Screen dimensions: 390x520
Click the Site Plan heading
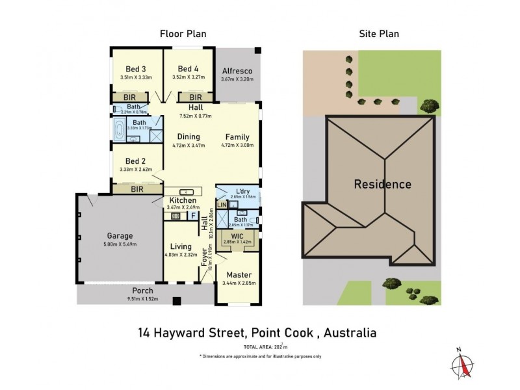[x=379, y=34]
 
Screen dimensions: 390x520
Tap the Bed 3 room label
[x=136, y=69]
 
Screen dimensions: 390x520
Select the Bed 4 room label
[x=189, y=69]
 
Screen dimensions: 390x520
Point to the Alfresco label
[x=237, y=71]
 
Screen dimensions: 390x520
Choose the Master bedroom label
[x=239, y=275]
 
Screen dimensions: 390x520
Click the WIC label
[x=237, y=235]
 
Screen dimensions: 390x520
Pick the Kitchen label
[x=183, y=200]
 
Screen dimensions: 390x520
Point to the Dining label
[x=188, y=137]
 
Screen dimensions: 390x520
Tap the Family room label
[x=237, y=137]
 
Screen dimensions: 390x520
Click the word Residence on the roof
[x=382, y=184]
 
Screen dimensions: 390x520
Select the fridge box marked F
[x=193, y=216]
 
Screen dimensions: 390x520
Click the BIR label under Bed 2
[x=137, y=189]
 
